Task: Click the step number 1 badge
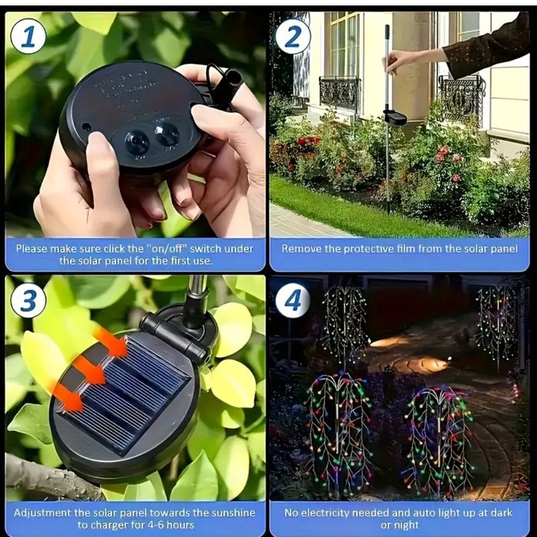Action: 28,36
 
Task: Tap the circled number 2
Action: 293,36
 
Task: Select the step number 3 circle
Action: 28,300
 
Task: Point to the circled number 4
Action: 293,300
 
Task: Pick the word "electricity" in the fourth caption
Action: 325,513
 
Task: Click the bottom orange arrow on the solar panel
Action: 68,397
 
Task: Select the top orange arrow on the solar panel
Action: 111,342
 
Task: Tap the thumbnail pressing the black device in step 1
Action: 98,141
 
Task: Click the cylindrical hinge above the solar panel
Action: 174,337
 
